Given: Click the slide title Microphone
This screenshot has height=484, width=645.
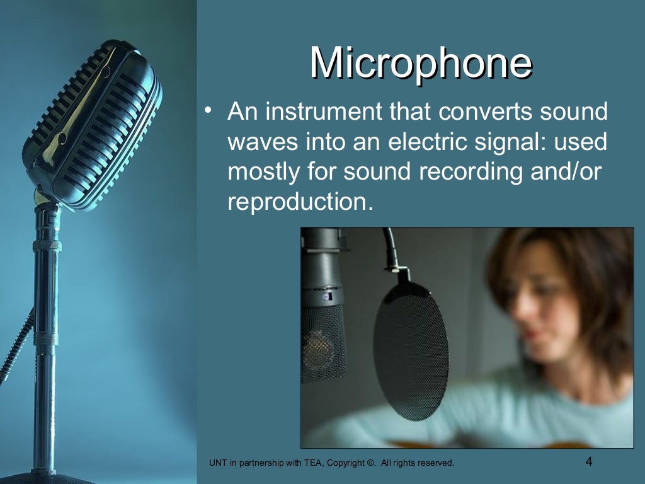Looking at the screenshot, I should click(x=420, y=63).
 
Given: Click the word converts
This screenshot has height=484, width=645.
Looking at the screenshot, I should click(x=488, y=112).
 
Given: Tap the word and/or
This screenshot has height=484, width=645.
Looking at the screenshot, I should click(x=569, y=171).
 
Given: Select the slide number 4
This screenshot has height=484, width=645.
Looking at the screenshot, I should click(x=589, y=461).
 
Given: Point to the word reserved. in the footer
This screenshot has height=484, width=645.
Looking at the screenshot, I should click(x=437, y=463).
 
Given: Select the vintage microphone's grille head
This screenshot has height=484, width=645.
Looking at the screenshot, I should click(x=91, y=126).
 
